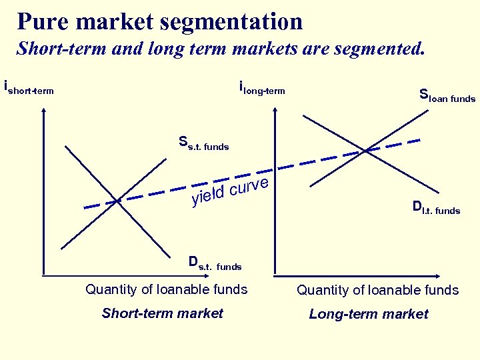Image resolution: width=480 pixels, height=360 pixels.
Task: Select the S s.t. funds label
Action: click(203, 143)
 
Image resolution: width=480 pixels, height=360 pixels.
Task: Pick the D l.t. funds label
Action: click(436, 209)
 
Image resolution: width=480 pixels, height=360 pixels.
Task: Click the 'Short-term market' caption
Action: click(162, 313)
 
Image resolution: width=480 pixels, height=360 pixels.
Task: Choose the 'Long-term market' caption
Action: click(369, 314)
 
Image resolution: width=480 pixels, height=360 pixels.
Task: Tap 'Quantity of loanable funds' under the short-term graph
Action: click(167, 289)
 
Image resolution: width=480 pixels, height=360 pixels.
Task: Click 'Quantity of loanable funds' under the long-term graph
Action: click(378, 290)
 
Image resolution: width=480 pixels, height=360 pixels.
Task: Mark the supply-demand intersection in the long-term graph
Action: click(366, 150)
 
